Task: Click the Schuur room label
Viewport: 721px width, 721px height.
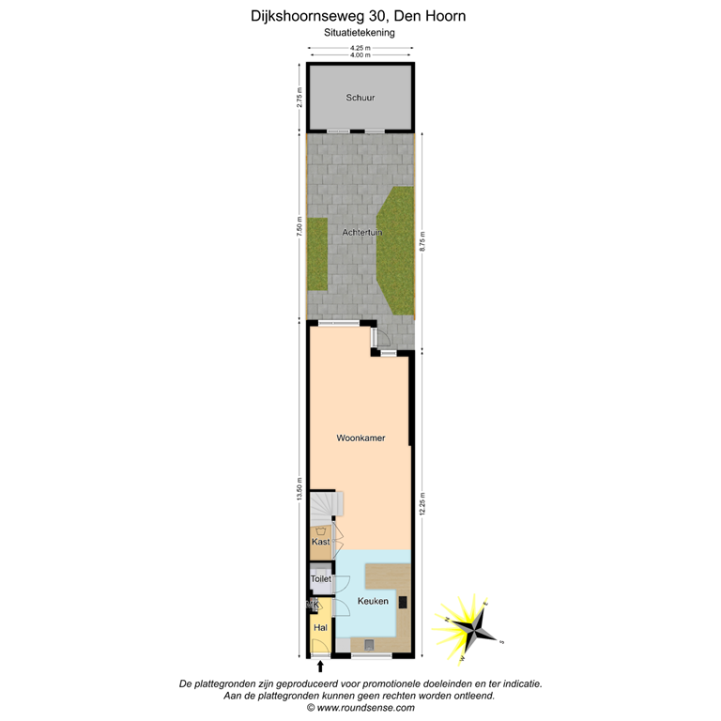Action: [360, 98]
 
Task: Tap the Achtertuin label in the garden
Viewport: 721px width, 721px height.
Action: [362, 232]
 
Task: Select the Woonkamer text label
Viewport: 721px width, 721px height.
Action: [360, 438]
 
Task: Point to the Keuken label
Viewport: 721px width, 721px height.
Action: [373, 601]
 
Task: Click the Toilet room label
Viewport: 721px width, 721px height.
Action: [321, 580]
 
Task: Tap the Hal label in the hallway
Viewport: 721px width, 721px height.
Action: [320, 627]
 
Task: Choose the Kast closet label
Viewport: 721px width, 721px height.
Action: [320, 542]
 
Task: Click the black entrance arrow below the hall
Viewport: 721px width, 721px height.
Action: [321, 667]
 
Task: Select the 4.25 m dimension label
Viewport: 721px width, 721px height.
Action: [360, 48]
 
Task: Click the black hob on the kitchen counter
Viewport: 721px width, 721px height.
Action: [403, 602]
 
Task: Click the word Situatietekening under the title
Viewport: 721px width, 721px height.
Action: [360, 32]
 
